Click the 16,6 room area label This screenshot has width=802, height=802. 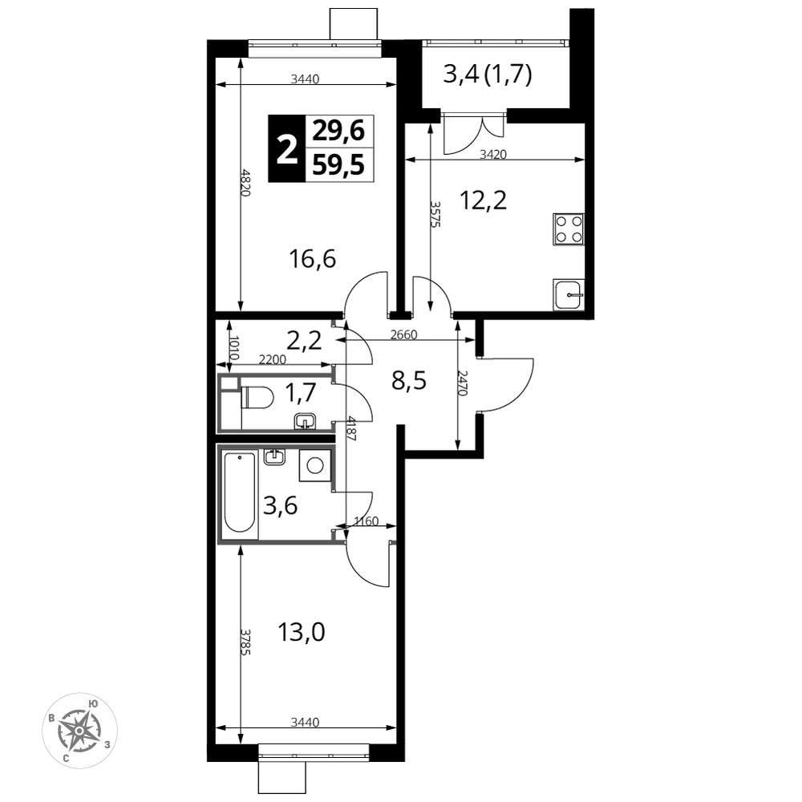(312, 259)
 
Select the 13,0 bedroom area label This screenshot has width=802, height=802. (302, 633)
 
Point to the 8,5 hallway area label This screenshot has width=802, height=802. (409, 381)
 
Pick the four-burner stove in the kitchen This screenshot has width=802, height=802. (569, 229)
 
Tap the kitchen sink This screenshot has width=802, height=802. (569, 295)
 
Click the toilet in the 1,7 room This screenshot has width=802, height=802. (258, 398)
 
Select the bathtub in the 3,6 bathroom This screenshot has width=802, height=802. (239, 493)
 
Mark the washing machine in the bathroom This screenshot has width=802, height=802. (314, 465)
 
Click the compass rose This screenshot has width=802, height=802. (79, 731)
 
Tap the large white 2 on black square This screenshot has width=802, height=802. (287, 149)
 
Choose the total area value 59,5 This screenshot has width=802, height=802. (338, 166)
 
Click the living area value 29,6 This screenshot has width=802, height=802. (338, 132)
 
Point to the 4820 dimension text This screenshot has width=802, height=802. (245, 183)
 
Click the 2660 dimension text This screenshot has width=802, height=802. (404, 335)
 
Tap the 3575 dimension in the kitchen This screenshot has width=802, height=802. (435, 213)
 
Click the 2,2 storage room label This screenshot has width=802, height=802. (304, 340)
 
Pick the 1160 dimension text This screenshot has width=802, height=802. (367, 521)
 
